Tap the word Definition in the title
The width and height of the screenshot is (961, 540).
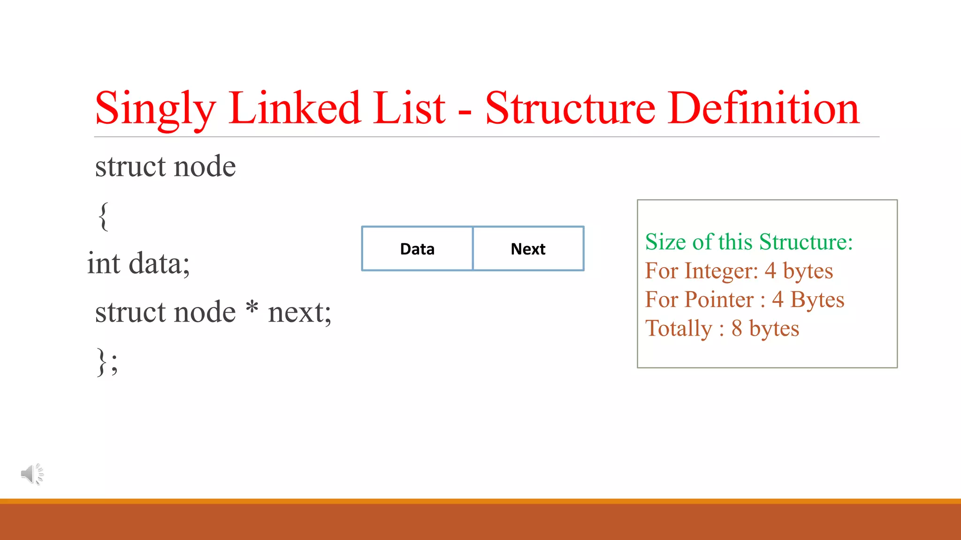pyautogui.click(x=765, y=109)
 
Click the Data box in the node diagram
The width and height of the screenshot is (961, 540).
pyautogui.click(x=417, y=249)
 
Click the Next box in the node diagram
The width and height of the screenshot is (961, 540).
pyautogui.click(x=528, y=249)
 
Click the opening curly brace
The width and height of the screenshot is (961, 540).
pyautogui.click(x=104, y=216)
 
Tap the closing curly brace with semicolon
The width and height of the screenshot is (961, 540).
pyautogui.click(x=107, y=361)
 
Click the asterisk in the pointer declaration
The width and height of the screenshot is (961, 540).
pyautogui.click(x=252, y=308)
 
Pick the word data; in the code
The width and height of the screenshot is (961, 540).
pyautogui.click(x=159, y=263)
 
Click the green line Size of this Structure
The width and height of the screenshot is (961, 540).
pyautogui.click(x=749, y=242)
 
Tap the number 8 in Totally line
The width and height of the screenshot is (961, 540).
pyautogui.click(x=737, y=329)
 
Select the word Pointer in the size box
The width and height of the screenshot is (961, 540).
pyautogui.click(x=719, y=300)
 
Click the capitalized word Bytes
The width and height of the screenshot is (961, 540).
pyautogui.click(x=817, y=300)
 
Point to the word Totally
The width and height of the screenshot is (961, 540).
pyautogui.click(x=679, y=329)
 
